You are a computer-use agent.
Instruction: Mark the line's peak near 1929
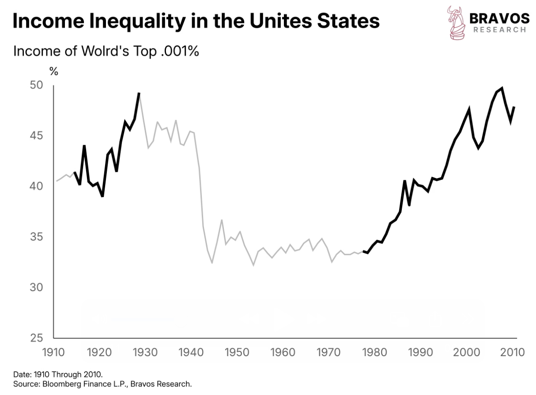tap(139, 93)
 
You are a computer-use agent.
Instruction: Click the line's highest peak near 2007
tap(502, 88)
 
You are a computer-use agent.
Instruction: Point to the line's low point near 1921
tap(102, 196)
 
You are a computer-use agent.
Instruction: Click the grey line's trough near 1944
tap(212, 263)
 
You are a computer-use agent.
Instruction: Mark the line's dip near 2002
tap(478, 148)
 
